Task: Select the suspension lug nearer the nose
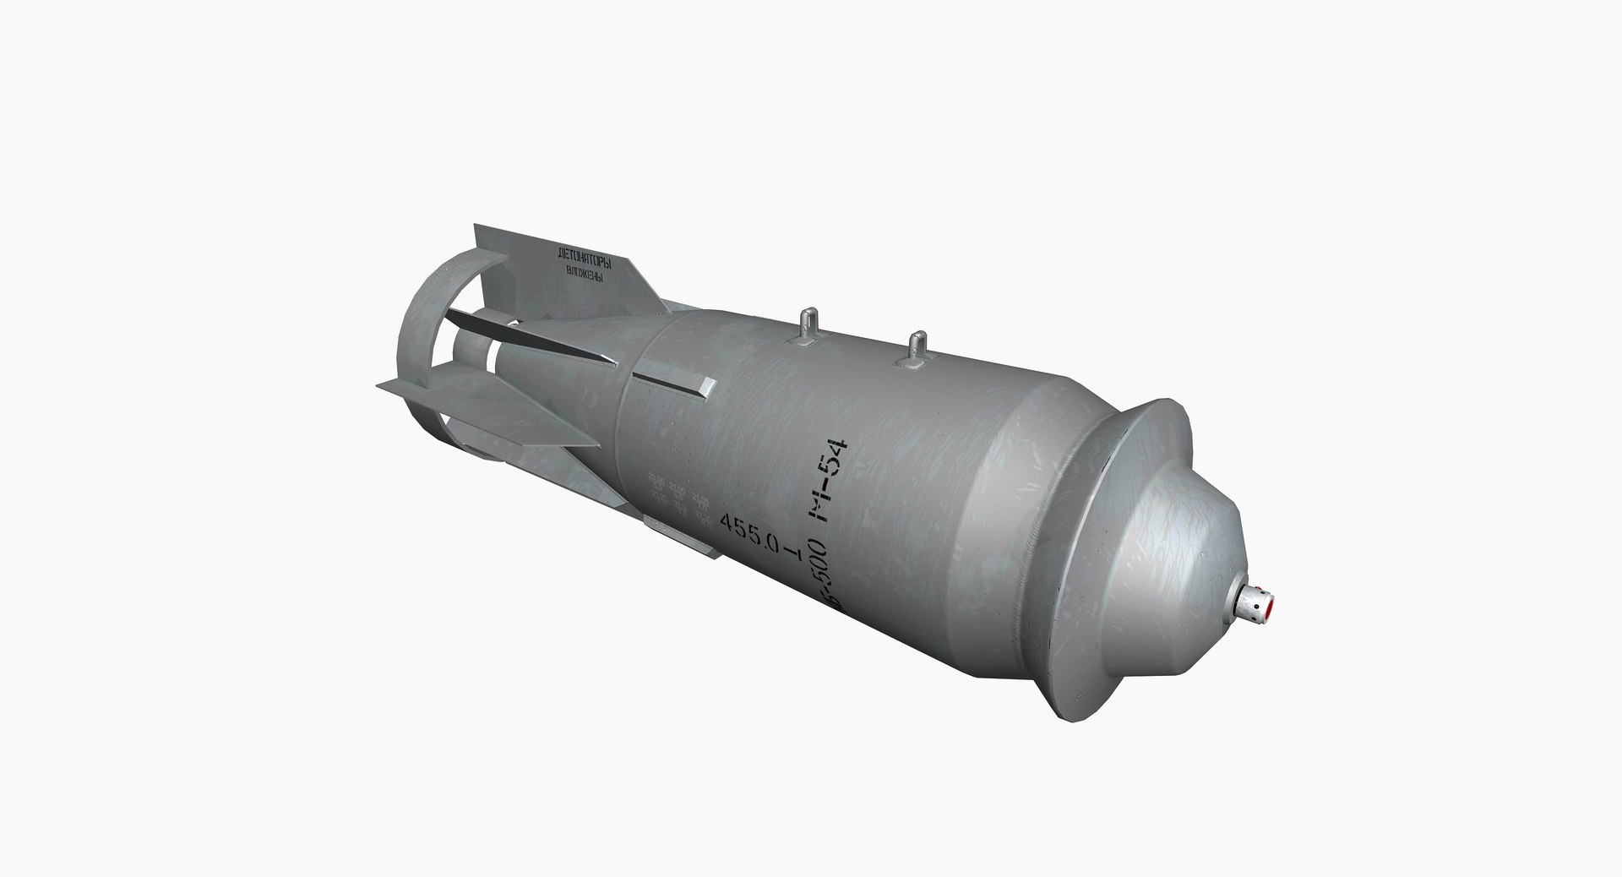(916, 351)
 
